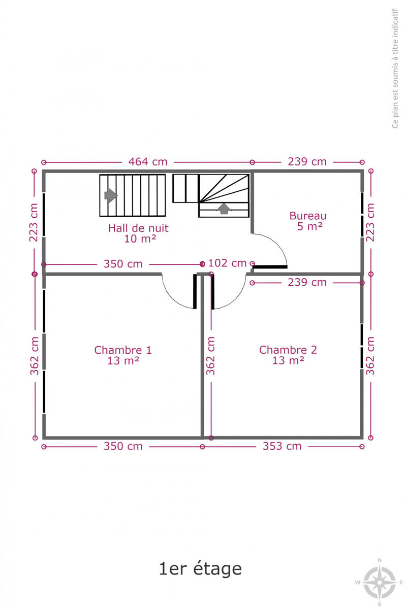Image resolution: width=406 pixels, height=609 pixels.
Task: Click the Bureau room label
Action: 308,216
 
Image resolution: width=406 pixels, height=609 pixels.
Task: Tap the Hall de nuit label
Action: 138,228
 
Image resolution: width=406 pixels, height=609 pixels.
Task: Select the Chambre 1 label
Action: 123,350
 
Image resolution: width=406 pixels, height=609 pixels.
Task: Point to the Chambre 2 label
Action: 288,350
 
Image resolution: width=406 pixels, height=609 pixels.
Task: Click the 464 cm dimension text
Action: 147,162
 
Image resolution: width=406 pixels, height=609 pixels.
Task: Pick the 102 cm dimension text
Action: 227,263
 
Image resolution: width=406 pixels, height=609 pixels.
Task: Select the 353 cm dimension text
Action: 282,446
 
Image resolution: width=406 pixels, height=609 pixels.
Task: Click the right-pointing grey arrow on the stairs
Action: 111,195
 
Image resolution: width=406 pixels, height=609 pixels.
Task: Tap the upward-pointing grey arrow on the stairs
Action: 224,209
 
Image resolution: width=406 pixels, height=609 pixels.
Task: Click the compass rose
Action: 379,582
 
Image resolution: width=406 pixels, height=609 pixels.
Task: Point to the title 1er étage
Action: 200,569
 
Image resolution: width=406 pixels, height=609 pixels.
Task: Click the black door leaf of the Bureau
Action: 270,267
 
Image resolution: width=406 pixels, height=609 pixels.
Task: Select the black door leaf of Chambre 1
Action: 195,291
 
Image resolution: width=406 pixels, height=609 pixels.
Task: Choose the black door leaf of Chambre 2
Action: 213,291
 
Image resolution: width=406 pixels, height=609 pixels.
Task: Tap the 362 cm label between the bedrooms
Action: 210,356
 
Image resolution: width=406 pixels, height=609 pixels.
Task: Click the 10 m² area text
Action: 140,239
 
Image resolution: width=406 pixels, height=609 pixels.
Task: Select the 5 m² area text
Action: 309,226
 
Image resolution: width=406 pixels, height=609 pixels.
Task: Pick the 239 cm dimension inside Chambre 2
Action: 307,283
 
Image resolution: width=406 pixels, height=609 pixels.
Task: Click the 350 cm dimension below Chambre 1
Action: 123,446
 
